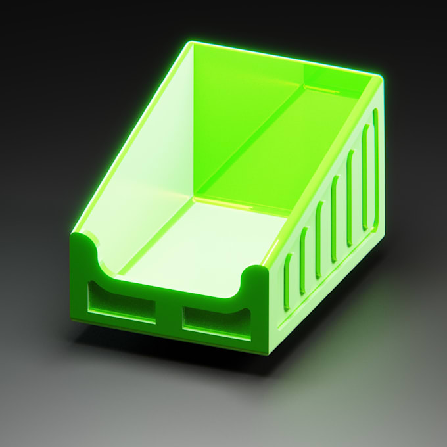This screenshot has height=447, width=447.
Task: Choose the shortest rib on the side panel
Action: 288,281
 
